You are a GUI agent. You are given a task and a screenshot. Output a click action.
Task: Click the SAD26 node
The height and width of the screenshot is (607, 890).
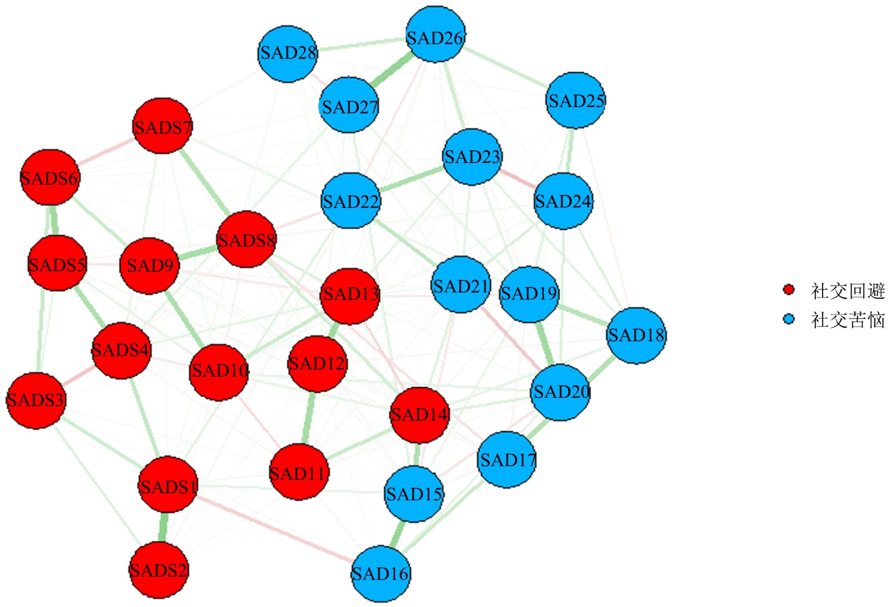pyautogui.click(x=436, y=34)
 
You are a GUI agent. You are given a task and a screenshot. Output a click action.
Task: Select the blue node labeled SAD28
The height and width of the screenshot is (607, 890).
pyautogui.click(x=288, y=54)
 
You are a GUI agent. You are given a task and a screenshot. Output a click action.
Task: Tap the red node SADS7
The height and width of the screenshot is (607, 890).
pyautogui.click(x=162, y=126)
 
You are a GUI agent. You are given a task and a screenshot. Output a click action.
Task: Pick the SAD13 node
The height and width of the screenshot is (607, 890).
pyautogui.click(x=350, y=296)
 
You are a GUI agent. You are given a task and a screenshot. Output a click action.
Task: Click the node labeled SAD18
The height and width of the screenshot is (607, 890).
pyautogui.click(x=636, y=335)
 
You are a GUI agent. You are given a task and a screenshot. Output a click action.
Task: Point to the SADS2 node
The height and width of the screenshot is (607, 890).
pyautogui.click(x=159, y=570)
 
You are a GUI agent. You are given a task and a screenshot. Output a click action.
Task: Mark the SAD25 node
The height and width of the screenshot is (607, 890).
pyautogui.click(x=576, y=100)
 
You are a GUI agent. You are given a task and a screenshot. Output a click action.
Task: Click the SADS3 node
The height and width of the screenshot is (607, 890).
pyautogui.click(x=36, y=400)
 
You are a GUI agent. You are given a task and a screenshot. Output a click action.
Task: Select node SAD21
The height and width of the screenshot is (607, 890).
pyautogui.click(x=461, y=284)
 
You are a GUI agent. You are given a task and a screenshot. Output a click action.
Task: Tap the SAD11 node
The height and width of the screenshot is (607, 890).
pyautogui.click(x=299, y=472)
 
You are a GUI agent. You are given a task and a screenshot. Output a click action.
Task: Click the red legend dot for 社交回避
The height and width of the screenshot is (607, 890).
pyautogui.click(x=788, y=289)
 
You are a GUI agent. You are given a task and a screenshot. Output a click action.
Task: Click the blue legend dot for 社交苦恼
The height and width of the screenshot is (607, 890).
pyautogui.click(x=788, y=319)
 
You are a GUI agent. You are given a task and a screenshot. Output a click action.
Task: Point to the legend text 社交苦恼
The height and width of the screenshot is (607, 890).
pyautogui.click(x=847, y=320)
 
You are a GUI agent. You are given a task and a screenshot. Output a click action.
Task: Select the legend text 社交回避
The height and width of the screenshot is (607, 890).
pyautogui.click(x=847, y=290)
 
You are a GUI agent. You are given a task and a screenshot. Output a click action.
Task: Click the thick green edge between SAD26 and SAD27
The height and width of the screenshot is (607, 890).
pyautogui.click(x=391, y=71)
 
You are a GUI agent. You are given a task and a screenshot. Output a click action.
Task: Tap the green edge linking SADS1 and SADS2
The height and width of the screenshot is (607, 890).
pyautogui.click(x=163, y=527)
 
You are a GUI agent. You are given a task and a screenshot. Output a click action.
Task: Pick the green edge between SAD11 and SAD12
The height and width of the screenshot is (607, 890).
pyautogui.click(x=308, y=418)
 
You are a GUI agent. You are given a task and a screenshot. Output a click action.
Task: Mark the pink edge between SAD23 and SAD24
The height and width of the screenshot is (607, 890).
pyautogui.click(x=517, y=179)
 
